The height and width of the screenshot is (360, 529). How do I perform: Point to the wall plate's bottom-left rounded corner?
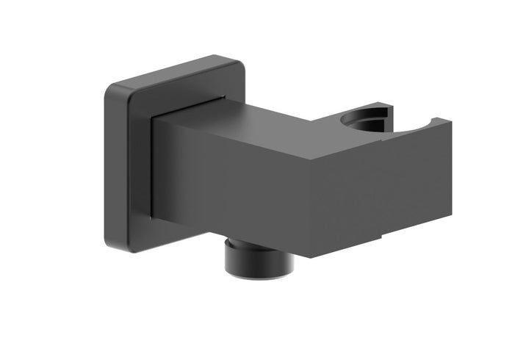click(x=113, y=242)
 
